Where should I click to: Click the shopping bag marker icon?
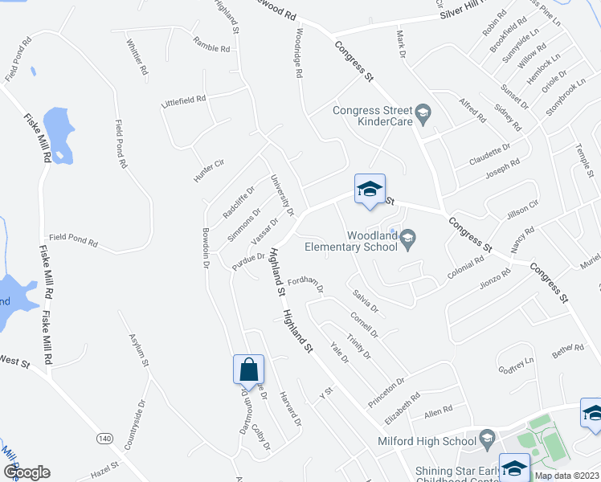(249, 370)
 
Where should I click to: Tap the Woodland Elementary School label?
(372, 241)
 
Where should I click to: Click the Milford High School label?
(427, 439)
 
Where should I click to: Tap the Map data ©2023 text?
(566, 476)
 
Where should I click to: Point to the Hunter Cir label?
(206, 166)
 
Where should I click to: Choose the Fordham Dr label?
(305, 284)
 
